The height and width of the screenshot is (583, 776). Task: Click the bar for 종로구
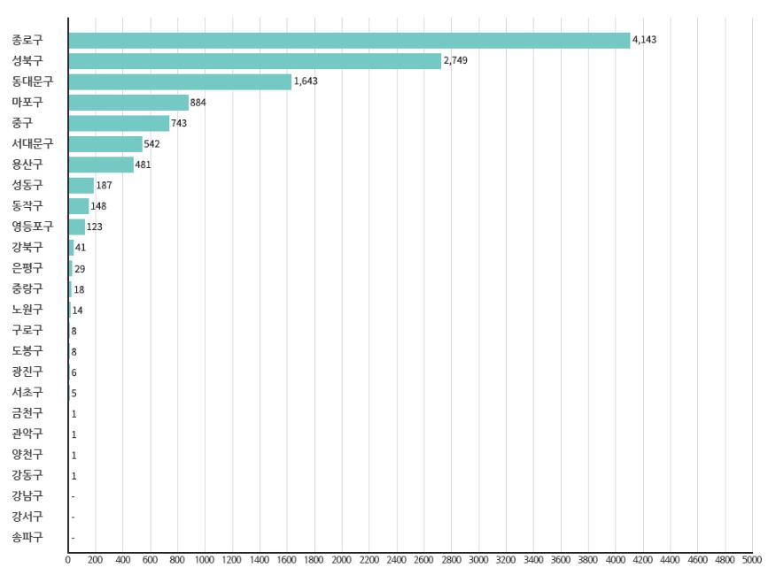(x=349, y=41)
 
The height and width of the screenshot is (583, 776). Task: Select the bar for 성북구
(x=254, y=61)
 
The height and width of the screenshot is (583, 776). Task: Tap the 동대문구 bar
(x=180, y=81)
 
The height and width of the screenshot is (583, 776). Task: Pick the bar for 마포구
(x=128, y=103)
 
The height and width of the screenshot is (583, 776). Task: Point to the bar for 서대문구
(x=105, y=144)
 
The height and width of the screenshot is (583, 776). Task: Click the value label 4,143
(x=644, y=41)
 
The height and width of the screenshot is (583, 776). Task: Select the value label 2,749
(x=455, y=61)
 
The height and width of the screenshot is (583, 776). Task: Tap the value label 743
(x=179, y=123)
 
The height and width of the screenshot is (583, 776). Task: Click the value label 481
(x=143, y=165)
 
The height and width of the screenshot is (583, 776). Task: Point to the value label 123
(x=95, y=226)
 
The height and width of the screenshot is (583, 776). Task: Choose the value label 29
(x=80, y=268)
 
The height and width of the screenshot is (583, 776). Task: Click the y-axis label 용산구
(x=27, y=165)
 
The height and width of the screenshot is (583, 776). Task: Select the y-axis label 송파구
(x=27, y=537)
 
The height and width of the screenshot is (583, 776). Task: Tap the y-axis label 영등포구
(x=33, y=226)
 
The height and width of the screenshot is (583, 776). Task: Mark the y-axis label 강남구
(x=27, y=495)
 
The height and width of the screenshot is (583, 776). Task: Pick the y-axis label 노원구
(x=27, y=310)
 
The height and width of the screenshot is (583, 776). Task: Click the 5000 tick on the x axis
(x=752, y=559)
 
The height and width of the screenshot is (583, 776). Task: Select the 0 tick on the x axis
(x=68, y=559)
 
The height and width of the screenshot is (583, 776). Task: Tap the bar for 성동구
(x=81, y=185)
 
